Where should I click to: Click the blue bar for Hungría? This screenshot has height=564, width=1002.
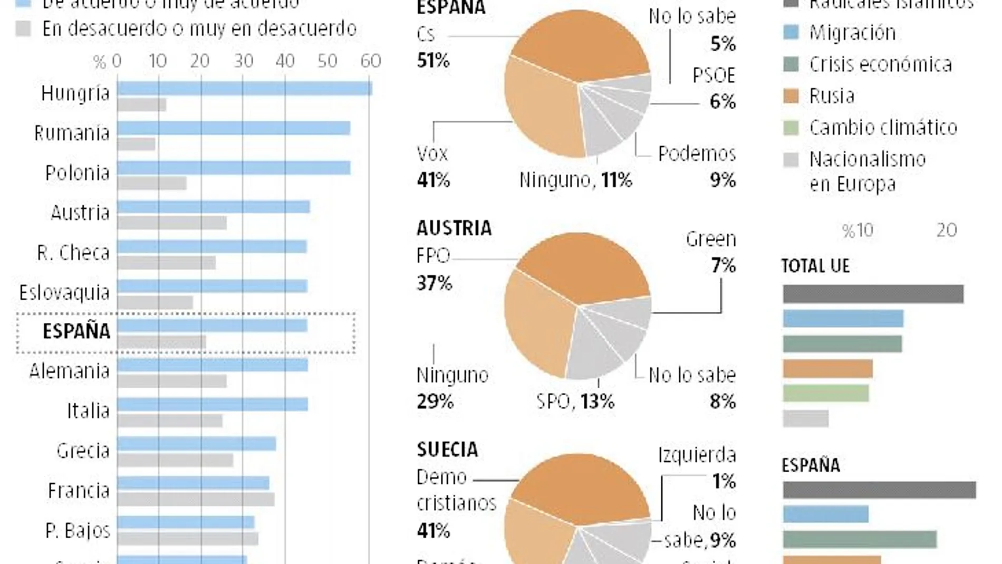tap(244, 89)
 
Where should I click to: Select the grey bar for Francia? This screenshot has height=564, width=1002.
tap(196, 500)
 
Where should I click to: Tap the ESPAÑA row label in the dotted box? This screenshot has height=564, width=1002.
tap(76, 331)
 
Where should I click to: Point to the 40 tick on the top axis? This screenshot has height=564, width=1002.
tap(285, 61)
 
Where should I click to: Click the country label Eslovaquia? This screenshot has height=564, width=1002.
tap(64, 292)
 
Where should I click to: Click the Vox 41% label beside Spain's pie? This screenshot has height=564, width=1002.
tap(432, 167)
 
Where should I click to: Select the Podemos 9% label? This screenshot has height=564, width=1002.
tap(697, 167)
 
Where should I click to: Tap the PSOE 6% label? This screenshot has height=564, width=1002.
tap(714, 88)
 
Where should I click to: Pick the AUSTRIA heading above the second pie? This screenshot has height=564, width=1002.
tap(454, 228)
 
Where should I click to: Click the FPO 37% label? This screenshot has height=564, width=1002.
tap(434, 269)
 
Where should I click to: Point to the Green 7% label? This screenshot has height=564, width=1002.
tap(711, 252)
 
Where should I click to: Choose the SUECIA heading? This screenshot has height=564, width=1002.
tap(447, 450)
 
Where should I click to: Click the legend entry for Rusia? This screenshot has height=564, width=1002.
tap(832, 96)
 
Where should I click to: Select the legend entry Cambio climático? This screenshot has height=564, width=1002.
tap(883, 128)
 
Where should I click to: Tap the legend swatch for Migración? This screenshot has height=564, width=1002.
tap(791, 33)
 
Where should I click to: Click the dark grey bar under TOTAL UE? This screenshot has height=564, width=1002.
tap(873, 294)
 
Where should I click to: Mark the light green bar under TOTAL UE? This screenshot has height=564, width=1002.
tap(825, 393)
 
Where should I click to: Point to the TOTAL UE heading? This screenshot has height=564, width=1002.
tap(815, 266)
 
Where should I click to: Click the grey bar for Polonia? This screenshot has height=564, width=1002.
tap(152, 184)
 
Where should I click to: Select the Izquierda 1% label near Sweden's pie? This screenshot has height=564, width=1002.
tap(697, 467)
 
